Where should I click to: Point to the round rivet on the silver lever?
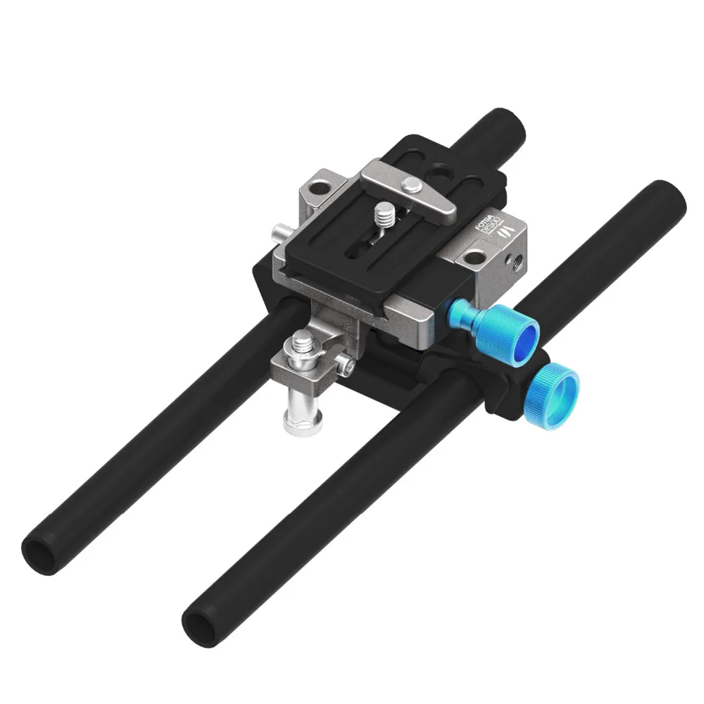click(x=413, y=184)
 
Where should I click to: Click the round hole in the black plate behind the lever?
click(x=441, y=170)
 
